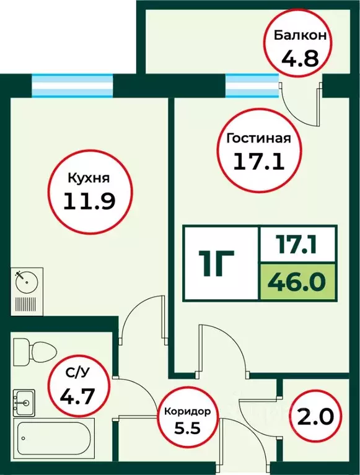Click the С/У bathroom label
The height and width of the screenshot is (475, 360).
[78, 373]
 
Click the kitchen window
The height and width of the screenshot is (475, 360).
[72, 85]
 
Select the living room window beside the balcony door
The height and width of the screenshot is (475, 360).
[252, 85]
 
